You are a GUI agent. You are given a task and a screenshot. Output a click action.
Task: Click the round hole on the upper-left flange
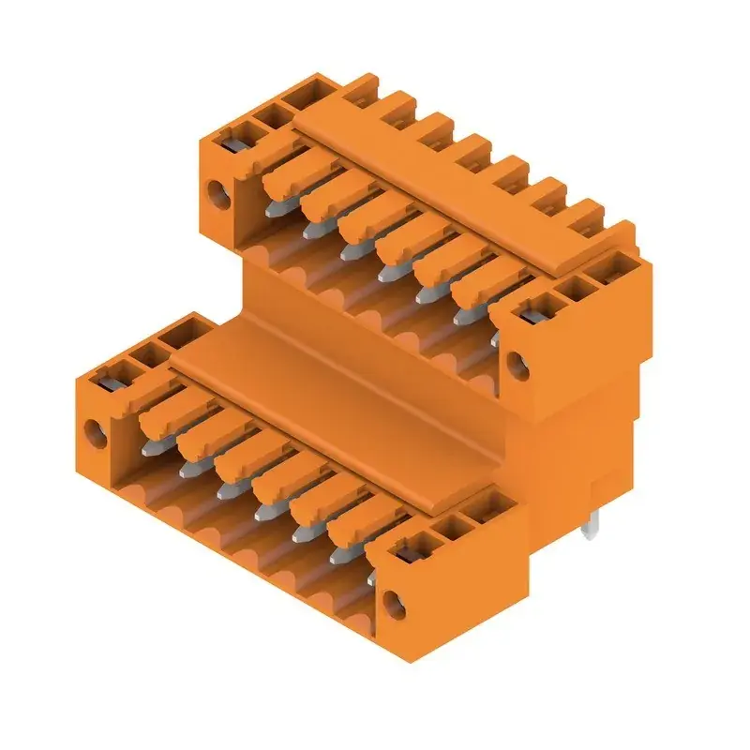click(x=222, y=195)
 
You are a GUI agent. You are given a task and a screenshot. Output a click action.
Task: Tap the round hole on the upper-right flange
click(x=513, y=358)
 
